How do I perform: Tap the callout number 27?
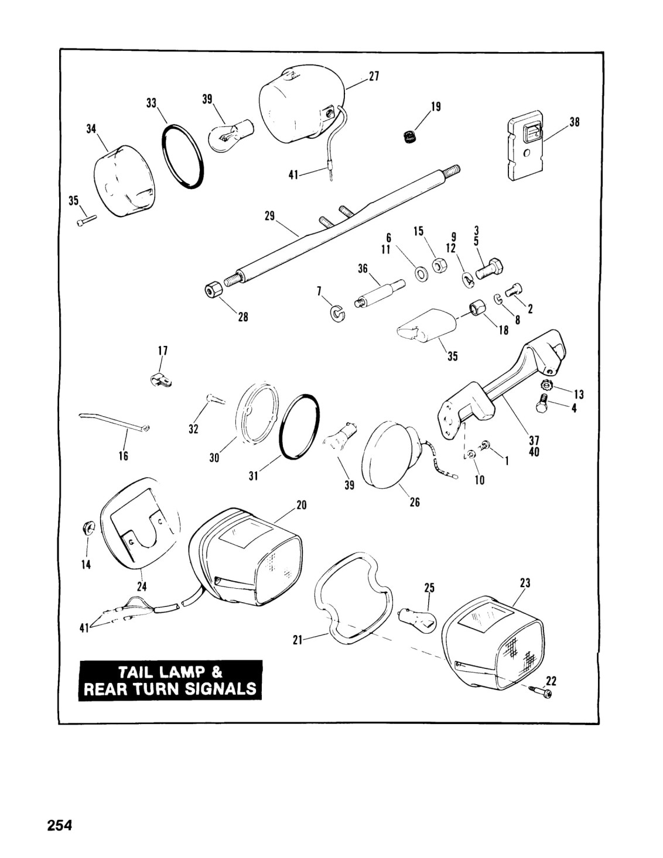coord(374,76)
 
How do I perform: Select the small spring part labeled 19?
coord(408,137)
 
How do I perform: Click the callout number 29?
coord(270,216)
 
